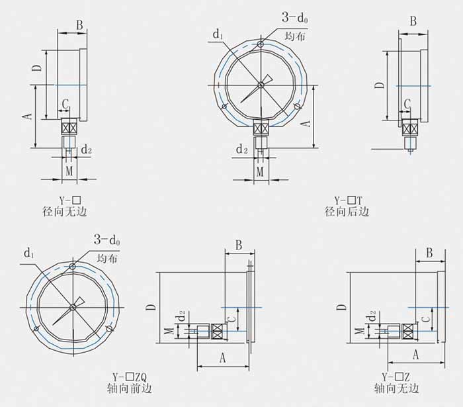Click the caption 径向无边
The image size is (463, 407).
tap(65, 212)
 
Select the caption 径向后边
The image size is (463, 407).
tap(347, 212)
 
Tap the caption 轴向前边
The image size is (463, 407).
tap(130, 388)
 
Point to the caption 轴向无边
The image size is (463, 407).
tap(397, 388)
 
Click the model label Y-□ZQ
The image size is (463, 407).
tap(130, 377)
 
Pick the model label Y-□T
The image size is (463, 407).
tap(348, 201)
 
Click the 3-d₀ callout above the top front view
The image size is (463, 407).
tap(295, 17)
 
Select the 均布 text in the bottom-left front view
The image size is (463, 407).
tap(107, 259)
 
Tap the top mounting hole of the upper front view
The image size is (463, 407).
tap(261, 44)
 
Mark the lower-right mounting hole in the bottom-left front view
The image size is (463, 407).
tap(109, 328)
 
